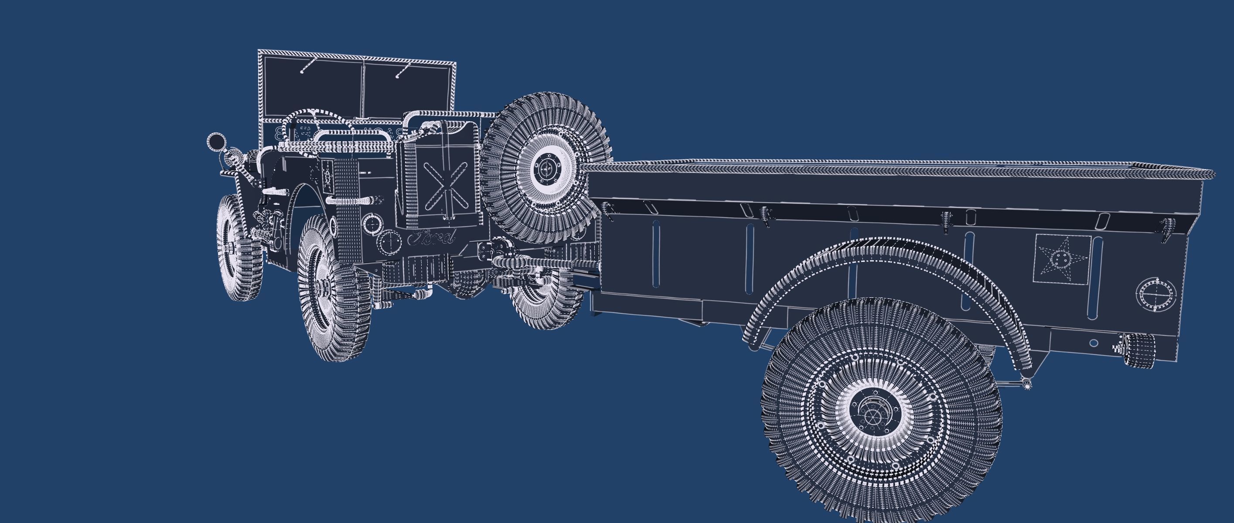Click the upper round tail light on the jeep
click(372, 223)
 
